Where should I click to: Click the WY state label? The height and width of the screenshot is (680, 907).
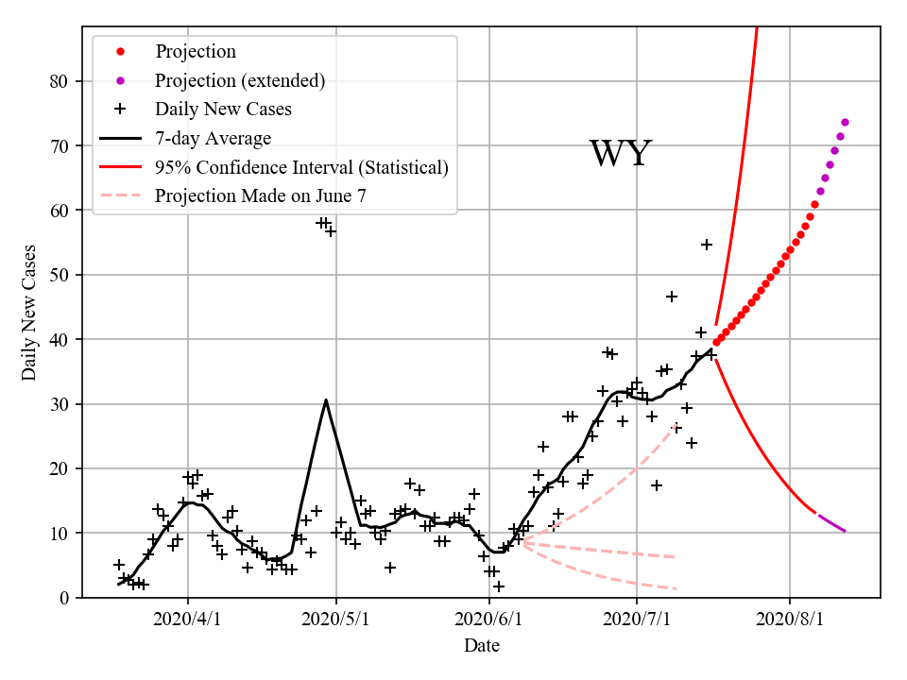tap(621, 153)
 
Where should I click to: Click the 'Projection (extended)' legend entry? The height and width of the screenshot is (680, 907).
tap(240, 80)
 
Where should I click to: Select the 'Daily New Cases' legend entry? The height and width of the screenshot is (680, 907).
tap(223, 109)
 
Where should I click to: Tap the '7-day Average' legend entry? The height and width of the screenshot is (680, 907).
tap(213, 138)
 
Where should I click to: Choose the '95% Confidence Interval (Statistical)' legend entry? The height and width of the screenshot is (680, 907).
tap(301, 167)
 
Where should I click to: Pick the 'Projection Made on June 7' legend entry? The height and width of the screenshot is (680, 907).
tap(260, 196)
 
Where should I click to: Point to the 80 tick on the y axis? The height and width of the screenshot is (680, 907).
tap(59, 81)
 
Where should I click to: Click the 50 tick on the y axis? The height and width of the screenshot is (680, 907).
tap(59, 275)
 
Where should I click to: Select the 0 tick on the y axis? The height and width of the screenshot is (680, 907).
tap(63, 598)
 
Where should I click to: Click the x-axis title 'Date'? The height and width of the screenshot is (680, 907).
tap(481, 646)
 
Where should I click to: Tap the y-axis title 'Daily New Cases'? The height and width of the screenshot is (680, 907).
tap(29, 312)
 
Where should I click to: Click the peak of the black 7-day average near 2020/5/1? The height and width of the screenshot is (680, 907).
tap(326, 399)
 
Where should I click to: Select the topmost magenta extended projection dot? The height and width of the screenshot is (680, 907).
tap(845, 122)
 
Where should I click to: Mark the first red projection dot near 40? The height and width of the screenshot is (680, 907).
tap(716, 342)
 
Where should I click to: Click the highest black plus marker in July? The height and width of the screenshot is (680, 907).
tap(706, 245)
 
